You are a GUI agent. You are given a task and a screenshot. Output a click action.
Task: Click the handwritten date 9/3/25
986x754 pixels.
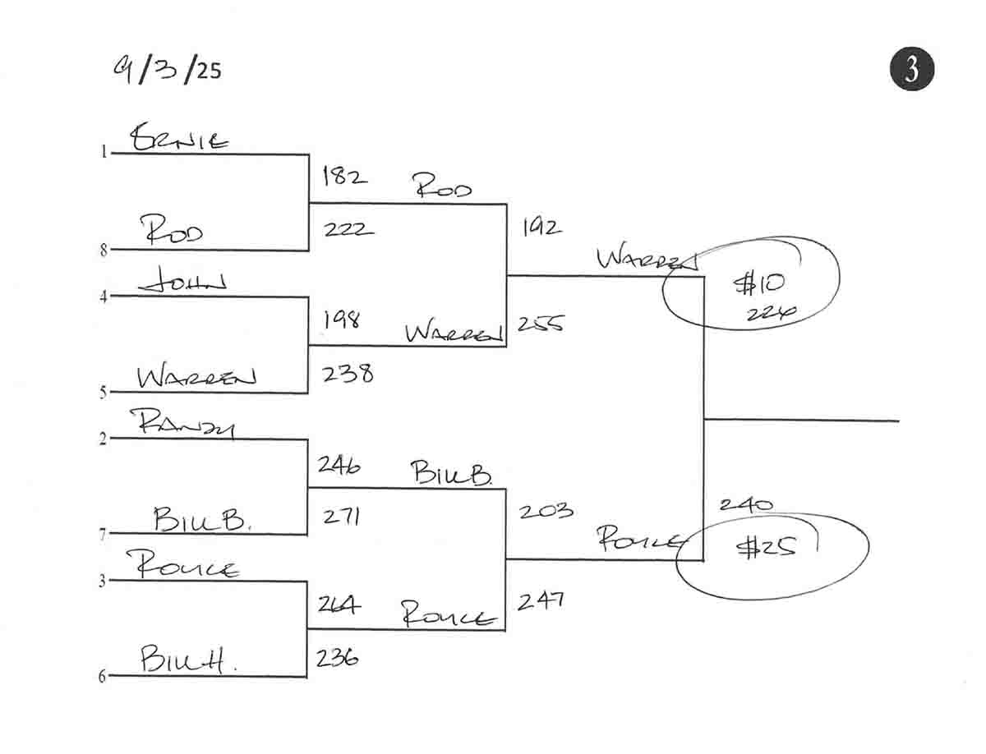[168, 70]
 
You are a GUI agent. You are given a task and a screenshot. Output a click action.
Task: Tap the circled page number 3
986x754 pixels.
[912, 69]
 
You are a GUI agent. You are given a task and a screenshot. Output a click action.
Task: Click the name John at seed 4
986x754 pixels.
[183, 283]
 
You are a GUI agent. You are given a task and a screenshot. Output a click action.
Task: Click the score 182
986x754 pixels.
[344, 176]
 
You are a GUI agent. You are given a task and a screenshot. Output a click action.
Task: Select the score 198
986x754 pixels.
[341, 320]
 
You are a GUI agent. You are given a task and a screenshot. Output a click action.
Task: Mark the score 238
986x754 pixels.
[348, 374]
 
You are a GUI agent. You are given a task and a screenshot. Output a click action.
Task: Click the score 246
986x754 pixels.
[339, 465]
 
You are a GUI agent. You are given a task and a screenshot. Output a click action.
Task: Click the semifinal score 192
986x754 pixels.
[542, 228]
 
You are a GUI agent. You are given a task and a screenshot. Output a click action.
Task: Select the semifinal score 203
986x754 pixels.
[546, 511]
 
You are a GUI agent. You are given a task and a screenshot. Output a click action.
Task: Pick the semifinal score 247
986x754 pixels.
[541, 602]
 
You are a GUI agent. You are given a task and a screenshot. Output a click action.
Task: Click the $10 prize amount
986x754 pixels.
[758, 284]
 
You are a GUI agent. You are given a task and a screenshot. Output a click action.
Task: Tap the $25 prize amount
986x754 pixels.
[766, 548]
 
